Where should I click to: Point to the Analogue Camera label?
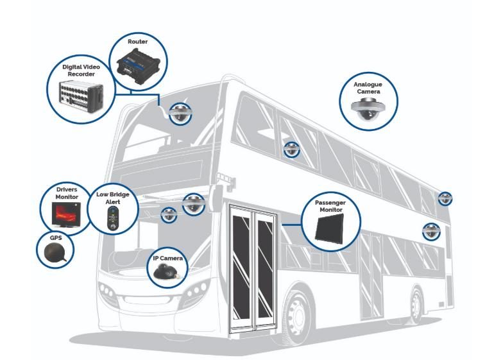click(369, 88)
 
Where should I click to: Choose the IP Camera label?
click(168, 258)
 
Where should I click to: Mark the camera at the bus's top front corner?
click(178, 114)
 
